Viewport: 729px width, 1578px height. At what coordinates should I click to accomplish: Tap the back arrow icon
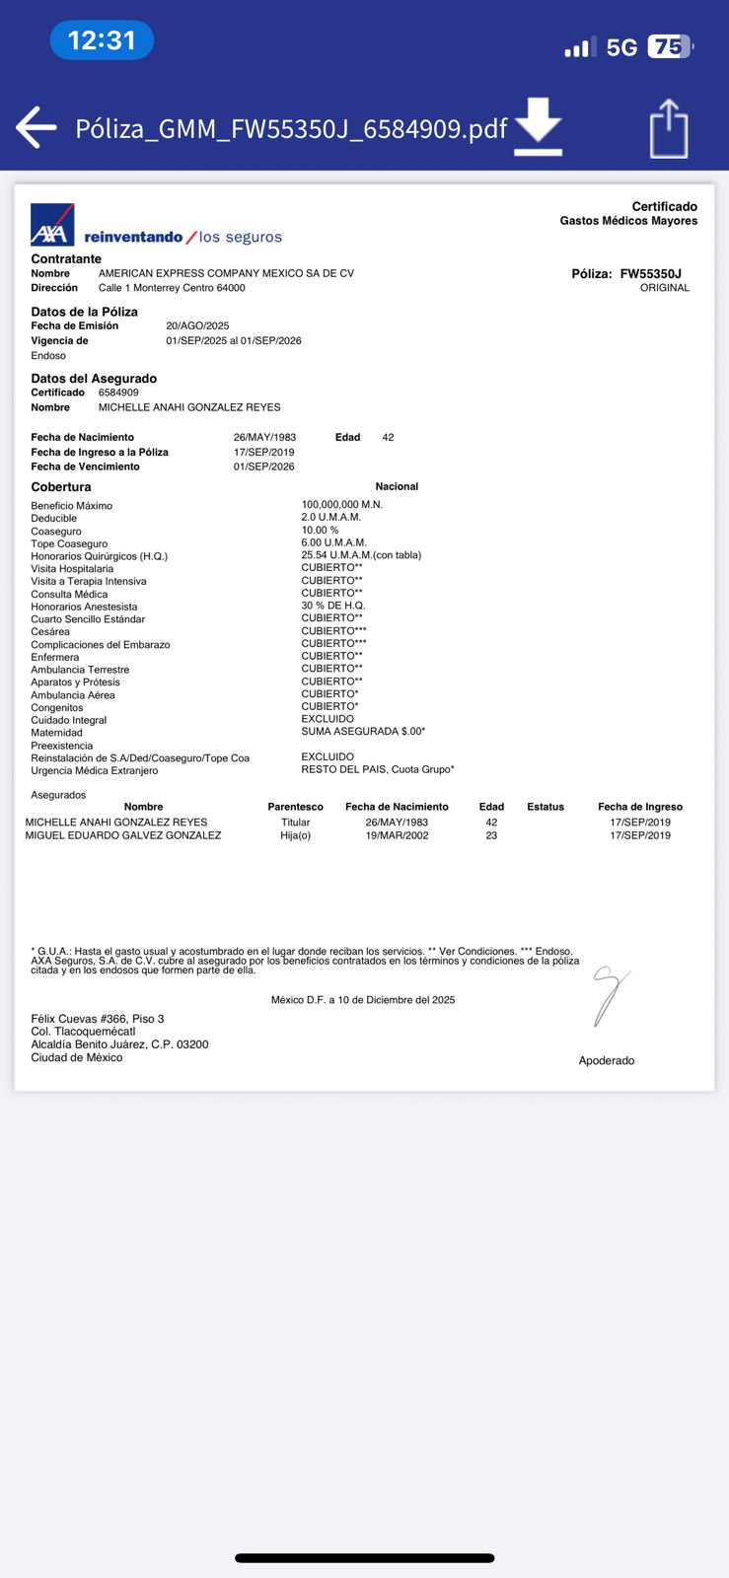pyautogui.click(x=36, y=127)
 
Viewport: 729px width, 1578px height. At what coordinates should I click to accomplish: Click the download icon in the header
pyautogui.click(x=538, y=126)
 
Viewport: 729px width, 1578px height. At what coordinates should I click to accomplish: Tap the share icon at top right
pyautogui.click(x=668, y=128)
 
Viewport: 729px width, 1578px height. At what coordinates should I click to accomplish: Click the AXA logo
pyautogui.click(x=52, y=225)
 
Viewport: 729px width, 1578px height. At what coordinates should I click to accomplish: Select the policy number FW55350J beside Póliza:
pyautogui.click(x=650, y=273)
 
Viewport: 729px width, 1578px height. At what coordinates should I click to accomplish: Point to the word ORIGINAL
pyautogui.click(x=665, y=288)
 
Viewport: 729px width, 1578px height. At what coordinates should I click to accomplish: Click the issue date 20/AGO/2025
pyautogui.click(x=197, y=325)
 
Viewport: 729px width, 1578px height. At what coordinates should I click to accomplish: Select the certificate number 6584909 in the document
pyautogui.click(x=118, y=393)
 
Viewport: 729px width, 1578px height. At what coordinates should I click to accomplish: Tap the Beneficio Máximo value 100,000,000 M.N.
pyautogui.click(x=341, y=504)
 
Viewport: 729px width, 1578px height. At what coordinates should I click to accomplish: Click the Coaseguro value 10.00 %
pyautogui.click(x=320, y=530)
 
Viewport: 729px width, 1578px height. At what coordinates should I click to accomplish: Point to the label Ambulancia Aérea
pyautogui.click(x=72, y=695)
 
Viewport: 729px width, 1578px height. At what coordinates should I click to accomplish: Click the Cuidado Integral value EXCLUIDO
pyautogui.click(x=328, y=719)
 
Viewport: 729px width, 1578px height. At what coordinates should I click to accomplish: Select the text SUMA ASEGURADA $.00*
pyautogui.click(x=363, y=732)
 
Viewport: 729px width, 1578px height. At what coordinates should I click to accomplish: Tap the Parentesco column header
pyautogui.click(x=295, y=807)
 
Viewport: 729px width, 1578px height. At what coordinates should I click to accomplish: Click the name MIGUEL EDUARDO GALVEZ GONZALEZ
pyautogui.click(x=123, y=835)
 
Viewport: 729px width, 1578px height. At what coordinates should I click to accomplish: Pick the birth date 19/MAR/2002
pyautogui.click(x=397, y=835)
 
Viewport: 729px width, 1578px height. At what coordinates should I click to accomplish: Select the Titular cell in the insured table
pyautogui.click(x=295, y=823)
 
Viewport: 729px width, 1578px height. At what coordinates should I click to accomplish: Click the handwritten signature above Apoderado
pyautogui.click(x=608, y=996)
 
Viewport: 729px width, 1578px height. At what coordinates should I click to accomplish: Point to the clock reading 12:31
pyautogui.click(x=102, y=40)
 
